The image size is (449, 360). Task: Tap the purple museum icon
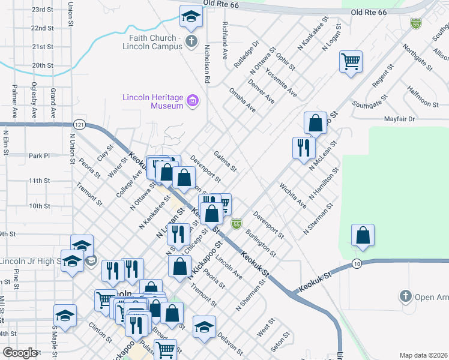pyautogui.click(x=193, y=101)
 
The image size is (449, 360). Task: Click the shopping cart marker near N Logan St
pyautogui.click(x=351, y=61)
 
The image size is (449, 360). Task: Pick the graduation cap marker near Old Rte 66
pyautogui.click(x=191, y=16)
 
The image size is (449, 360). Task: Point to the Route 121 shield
pyautogui.click(x=79, y=124)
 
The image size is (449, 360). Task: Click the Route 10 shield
pyautogui.click(x=357, y=263)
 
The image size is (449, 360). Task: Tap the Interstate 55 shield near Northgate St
pyautogui.click(x=415, y=23)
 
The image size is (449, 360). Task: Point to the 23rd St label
pyautogui.click(x=43, y=10)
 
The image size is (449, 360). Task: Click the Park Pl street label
pyautogui.click(x=39, y=156)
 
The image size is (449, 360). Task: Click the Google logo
pyautogui.click(x=20, y=353)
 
